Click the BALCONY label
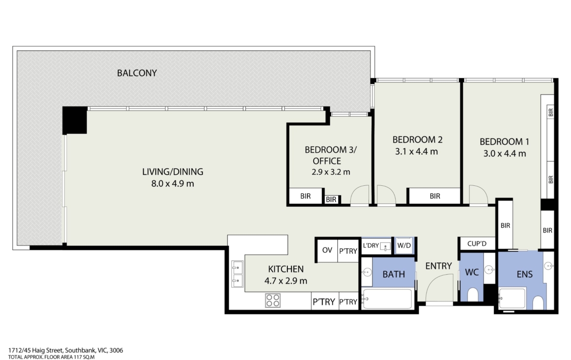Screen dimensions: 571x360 (137, 73)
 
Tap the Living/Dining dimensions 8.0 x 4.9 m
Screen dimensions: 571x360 (173, 184)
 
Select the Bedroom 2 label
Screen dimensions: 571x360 (417, 140)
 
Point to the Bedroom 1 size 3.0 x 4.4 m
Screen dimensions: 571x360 (504, 154)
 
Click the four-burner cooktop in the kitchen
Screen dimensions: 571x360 (273, 300)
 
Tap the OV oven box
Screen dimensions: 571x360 (327, 250)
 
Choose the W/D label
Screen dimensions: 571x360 (404, 246)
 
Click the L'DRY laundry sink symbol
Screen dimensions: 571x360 (386, 247)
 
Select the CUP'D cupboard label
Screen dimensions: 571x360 (477, 243)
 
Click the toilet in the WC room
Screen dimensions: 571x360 (472, 295)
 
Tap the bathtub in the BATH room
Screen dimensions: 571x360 (387, 299)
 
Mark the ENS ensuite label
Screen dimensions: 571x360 (524, 275)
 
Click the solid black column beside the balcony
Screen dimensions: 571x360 (75, 120)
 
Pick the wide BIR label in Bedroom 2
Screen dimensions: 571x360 (435, 196)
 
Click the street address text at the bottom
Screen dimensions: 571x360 (65, 351)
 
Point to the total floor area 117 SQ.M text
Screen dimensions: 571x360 (51, 357)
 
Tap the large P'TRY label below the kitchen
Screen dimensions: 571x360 (324, 302)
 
